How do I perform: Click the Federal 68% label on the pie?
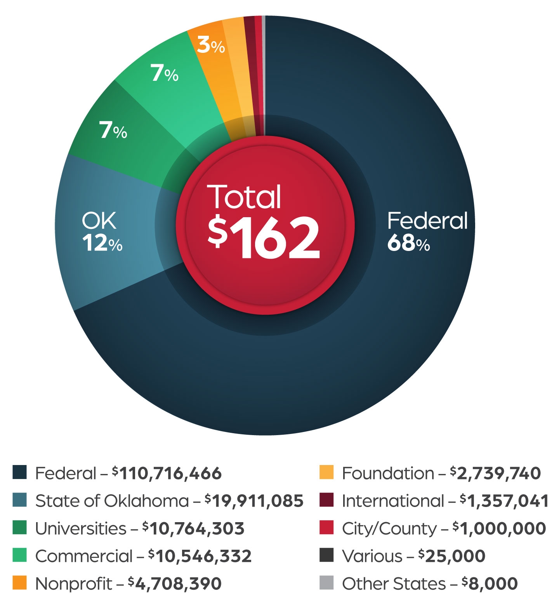[427, 232]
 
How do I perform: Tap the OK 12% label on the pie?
[102, 232]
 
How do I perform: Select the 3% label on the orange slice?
[211, 45]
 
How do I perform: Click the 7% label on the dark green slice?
[113, 130]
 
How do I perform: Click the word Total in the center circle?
[244, 197]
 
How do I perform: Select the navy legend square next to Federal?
[19, 472]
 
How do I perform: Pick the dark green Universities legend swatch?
[19, 528]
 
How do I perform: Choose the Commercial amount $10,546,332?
[200, 556]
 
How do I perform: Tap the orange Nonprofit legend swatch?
[19, 583]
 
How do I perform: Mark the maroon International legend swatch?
[326, 500]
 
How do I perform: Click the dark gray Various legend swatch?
[326, 556]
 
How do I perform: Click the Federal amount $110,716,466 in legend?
[167, 473]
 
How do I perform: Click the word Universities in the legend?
[81, 528]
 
